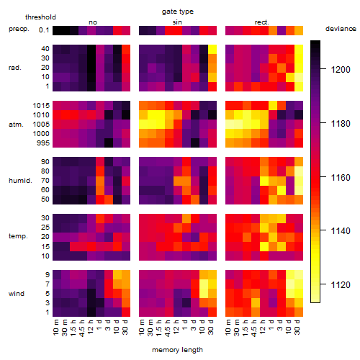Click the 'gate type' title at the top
pyautogui.click(x=178, y=12)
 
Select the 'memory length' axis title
pyautogui.click(x=177, y=350)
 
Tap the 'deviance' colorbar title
pyautogui.click(x=341, y=29)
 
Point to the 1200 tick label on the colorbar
pyautogui.click(x=341, y=70)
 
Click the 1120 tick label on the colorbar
pyautogui.click(x=341, y=285)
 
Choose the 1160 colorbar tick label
pyautogui.click(x=341, y=178)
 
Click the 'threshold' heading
pyautogui.click(x=40, y=17)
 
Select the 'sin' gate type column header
pyautogui.click(x=177, y=22)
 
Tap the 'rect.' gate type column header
pyautogui.click(x=262, y=22)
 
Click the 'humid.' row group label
pyautogui.click(x=20, y=181)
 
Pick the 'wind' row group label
pyautogui.click(x=17, y=294)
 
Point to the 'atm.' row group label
pyautogui.click(x=16, y=125)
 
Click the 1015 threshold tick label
pyautogui.click(x=41, y=106)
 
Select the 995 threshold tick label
pyautogui.click(x=43, y=143)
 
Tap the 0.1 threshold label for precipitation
pyautogui.click(x=44, y=30)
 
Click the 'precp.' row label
pyautogui.click(x=19, y=29)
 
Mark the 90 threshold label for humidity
pyautogui.click(x=45, y=162)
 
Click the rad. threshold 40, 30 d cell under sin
pyautogui.click(x=212, y=50)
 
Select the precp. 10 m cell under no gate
pyautogui.click(x=57, y=30)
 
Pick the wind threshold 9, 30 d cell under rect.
pyautogui.click(x=299, y=275)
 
